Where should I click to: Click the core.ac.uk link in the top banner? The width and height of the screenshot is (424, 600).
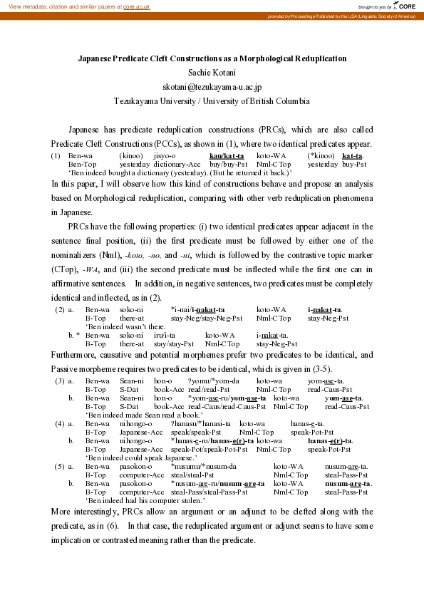point(137,6)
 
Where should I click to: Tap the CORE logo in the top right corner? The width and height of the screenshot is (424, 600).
point(403,6)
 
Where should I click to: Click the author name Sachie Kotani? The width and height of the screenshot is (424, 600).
point(212,72)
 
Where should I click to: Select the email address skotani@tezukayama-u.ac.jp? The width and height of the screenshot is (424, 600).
point(212,86)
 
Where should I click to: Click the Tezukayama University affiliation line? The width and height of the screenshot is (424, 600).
point(212,100)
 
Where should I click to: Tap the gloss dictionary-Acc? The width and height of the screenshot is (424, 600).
point(177,164)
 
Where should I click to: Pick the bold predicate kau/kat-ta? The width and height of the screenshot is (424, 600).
point(227,155)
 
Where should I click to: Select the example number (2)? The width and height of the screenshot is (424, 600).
point(61,309)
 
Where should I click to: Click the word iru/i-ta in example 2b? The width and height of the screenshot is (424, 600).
point(165,335)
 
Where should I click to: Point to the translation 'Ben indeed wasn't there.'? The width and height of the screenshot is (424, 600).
point(123,326)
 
